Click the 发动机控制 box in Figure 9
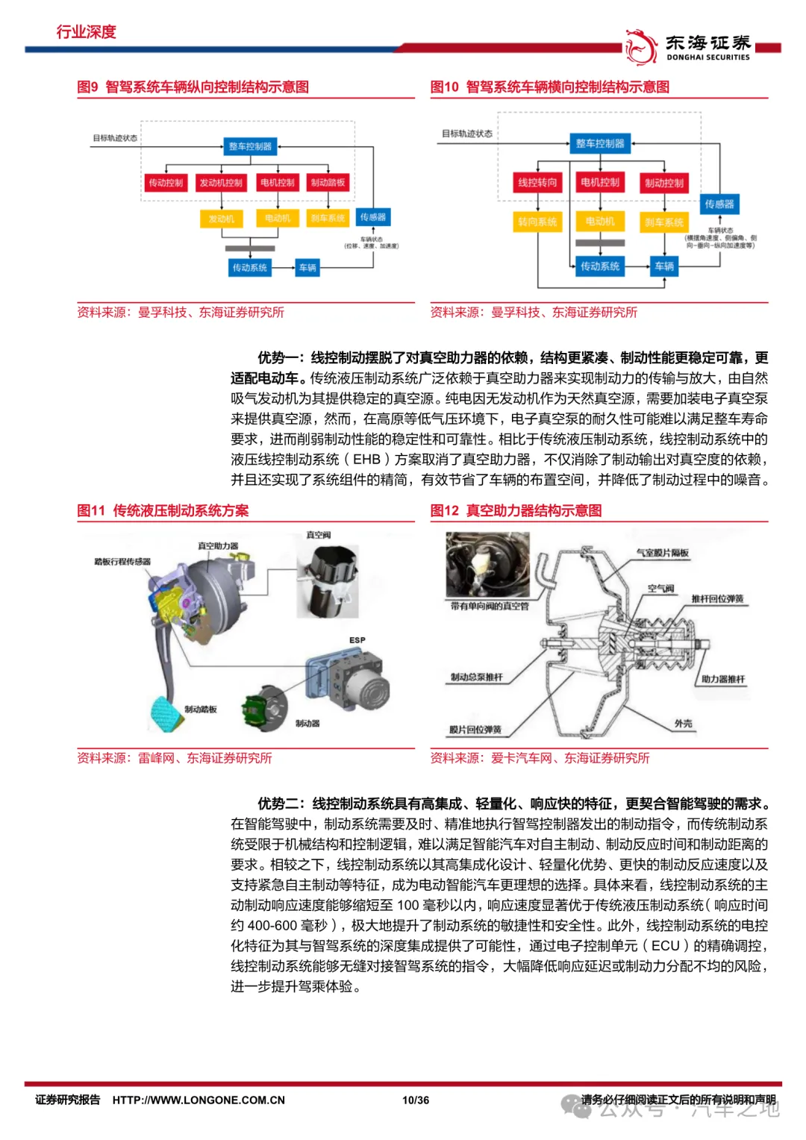221,183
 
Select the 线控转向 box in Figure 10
537,183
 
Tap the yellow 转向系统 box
537,222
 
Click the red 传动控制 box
166,183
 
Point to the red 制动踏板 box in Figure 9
328,183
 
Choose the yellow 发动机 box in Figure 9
221,219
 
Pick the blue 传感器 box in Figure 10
719,204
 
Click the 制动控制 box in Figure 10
663,183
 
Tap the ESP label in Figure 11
357,640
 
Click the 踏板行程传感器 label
122,561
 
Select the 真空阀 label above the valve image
319,535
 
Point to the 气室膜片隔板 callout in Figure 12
663,553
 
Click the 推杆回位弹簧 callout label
717,598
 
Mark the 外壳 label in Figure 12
683,723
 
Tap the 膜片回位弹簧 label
475,729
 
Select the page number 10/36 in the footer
416,1100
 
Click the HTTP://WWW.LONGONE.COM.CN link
199,1100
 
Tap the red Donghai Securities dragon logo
640,47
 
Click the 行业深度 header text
87,31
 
